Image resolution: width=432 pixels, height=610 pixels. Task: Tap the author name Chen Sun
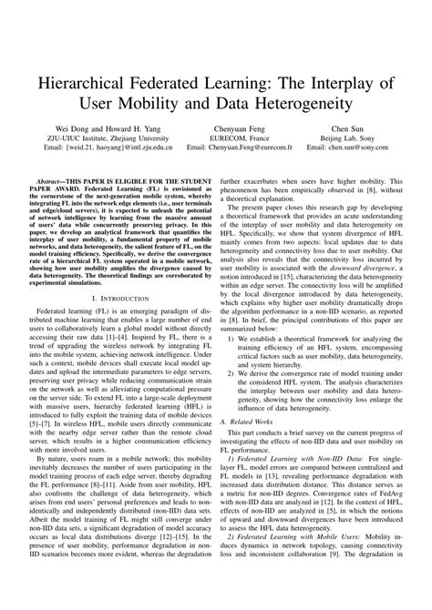click(x=346, y=132)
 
